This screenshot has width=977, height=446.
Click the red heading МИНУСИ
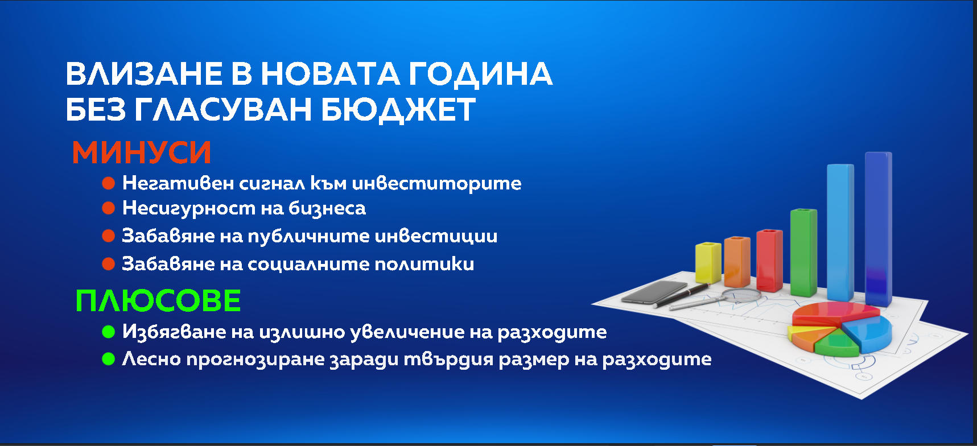point(142,152)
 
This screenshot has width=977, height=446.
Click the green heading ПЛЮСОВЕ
point(158,301)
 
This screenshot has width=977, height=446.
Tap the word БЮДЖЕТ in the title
point(398,109)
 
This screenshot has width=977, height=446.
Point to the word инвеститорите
point(436,183)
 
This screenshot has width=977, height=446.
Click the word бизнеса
point(327,208)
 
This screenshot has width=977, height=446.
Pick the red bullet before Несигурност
point(108,208)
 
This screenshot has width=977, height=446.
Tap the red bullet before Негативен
point(108,183)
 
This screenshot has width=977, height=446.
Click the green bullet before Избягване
point(108,332)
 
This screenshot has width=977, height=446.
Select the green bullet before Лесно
point(108,359)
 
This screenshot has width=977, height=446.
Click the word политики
point(424,264)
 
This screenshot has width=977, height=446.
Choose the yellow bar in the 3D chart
point(708,262)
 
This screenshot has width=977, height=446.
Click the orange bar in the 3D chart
point(737,261)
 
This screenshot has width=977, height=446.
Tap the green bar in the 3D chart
point(803,253)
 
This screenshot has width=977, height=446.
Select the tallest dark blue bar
point(878,229)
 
